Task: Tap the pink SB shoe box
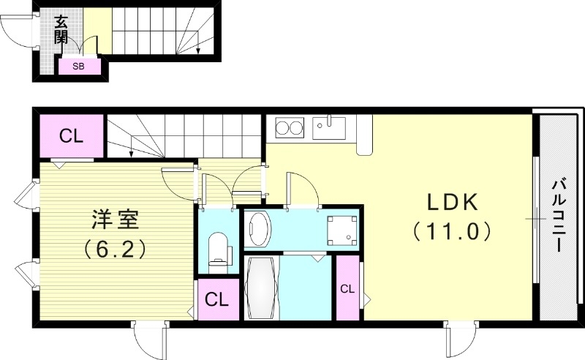click(x=77, y=66)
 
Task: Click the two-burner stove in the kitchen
click(x=290, y=129)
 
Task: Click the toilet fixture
click(x=217, y=249)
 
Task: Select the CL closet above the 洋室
click(x=71, y=135)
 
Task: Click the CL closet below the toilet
click(x=216, y=299)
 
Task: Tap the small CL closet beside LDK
click(x=347, y=288)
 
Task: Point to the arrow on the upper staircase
click(x=200, y=50)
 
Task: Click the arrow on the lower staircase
click(x=130, y=153)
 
